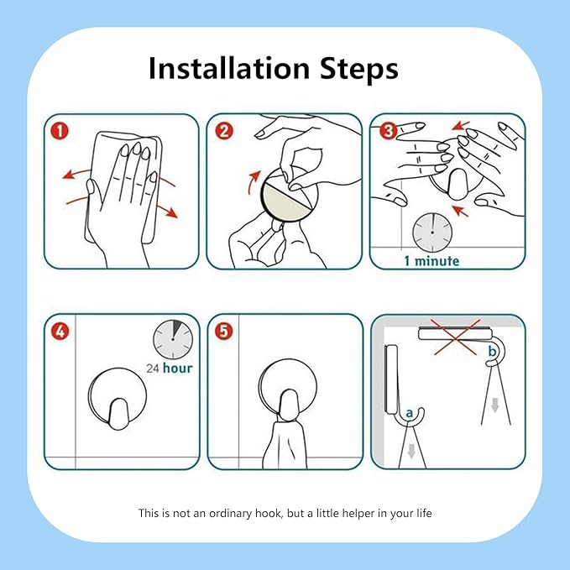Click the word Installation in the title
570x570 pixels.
click(x=229, y=68)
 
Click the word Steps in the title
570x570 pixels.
click(x=359, y=68)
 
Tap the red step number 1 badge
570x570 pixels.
click(x=60, y=131)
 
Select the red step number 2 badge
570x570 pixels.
click(x=224, y=131)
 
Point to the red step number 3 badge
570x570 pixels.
click(x=388, y=131)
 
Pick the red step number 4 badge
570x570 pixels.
click(x=60, y=331)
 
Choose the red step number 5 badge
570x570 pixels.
click(x=223, y=331)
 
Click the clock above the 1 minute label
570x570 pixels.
click(x=432, y=233)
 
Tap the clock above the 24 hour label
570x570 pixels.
click(x=173, y=339)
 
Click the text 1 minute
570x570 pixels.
click(x=431, y=260)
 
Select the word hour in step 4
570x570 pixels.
click(x=178, y=369)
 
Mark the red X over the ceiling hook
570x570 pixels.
click(x=455, y=337)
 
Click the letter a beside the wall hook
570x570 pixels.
click(x=410, y=413)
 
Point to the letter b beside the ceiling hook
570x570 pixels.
click(x=492, y=351)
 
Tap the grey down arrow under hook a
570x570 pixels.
click(x=411, y=452)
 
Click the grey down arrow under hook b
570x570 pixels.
click(x=494, y=405)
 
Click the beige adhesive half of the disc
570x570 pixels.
click(x=284, y=204)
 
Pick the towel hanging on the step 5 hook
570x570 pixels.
click(x=285, y=444)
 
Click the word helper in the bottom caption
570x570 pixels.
click(x=358, y=513)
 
